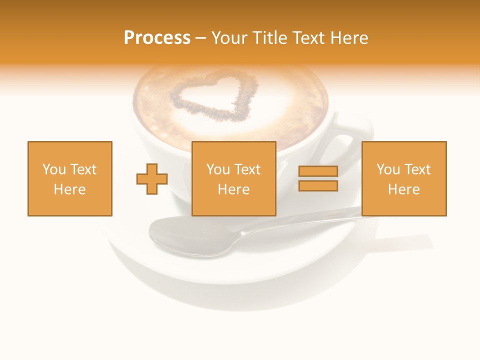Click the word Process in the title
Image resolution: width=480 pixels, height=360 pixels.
coord(157,38)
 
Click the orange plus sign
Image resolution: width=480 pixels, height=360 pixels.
coord(152,178)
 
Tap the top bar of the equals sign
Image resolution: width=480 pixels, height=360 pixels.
coord(318,171)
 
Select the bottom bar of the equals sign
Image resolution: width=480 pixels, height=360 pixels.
coord(318,185)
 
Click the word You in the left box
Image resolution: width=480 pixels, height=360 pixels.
coord(54,169)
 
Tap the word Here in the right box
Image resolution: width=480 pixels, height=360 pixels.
coord(404,189)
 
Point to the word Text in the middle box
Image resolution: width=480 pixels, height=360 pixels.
coord(247,169)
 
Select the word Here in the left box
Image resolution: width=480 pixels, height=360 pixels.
coord(70,189)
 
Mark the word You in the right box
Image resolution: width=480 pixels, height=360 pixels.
coord(388,169)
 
